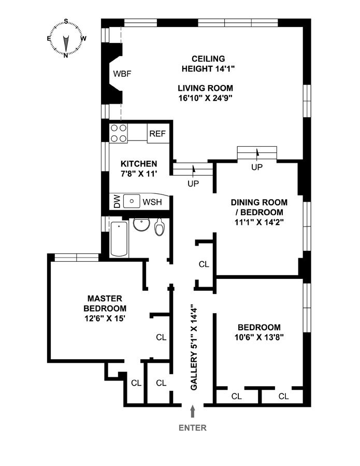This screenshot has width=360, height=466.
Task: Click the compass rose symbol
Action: [66, 38]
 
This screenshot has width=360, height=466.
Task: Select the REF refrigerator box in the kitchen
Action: [157, 134]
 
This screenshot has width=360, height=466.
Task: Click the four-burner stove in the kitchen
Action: [119, 133]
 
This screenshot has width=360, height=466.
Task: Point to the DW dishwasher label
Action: [117, 202]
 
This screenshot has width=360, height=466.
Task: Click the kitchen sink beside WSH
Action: [133, 200]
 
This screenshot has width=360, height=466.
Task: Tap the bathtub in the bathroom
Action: [119, 239]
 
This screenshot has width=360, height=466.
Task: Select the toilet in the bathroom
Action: [160, 227]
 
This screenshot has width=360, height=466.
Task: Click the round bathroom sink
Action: [140, 225]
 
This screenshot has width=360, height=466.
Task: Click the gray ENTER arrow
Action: [193, 412]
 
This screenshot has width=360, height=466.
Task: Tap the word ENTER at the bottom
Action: [193, 428]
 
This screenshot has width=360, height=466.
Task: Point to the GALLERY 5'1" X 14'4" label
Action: [194, 347]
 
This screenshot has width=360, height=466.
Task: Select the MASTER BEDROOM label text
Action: [105, 308]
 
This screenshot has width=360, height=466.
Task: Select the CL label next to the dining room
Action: [204, 264]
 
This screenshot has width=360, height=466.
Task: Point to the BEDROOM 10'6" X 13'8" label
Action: [259, 332]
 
